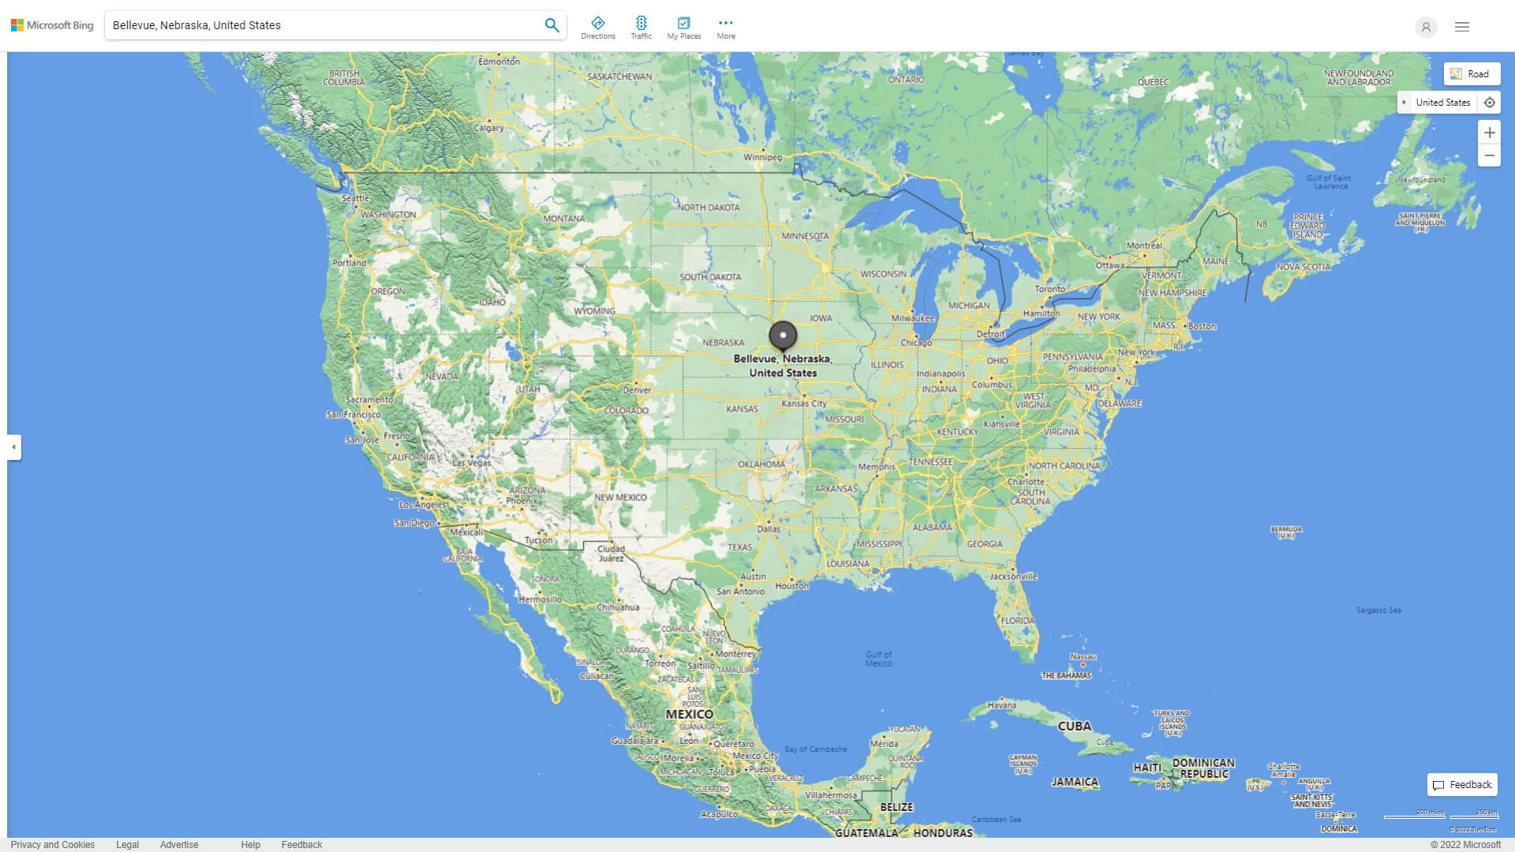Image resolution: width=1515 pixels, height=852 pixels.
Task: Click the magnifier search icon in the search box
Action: click(552, 25)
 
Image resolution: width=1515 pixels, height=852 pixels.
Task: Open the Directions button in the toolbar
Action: click(598, 28)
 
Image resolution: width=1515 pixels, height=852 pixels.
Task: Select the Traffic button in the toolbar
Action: click(642, 28)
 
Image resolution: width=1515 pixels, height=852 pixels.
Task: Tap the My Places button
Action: click(684, 28)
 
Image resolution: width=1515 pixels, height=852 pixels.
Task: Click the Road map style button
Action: click(1472, 74)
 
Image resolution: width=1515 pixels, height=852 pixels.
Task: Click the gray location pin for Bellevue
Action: click(783, 335)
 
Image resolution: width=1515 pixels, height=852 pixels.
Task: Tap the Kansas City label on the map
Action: click(803, 403)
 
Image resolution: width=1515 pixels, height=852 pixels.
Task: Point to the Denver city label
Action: click(637, 390)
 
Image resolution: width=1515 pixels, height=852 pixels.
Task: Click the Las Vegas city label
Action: click(471, 463)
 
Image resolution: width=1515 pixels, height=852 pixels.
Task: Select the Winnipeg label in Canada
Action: click(762, 157)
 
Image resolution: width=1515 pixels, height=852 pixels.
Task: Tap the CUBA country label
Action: click(1074, 726)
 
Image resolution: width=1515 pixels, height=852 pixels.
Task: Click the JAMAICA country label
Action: click(1075, 782)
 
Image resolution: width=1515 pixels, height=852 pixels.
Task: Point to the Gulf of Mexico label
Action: click(878, 659)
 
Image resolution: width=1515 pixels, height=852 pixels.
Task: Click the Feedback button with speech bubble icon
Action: click(1462, 785)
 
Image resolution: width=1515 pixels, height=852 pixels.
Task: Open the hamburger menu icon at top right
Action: click(1462, 27)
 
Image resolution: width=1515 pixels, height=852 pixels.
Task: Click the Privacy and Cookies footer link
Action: click(53, 845)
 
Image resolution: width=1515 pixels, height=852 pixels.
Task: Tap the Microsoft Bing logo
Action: click(52, 25)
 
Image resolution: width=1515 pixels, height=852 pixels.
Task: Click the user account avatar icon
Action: click(1426, 27)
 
